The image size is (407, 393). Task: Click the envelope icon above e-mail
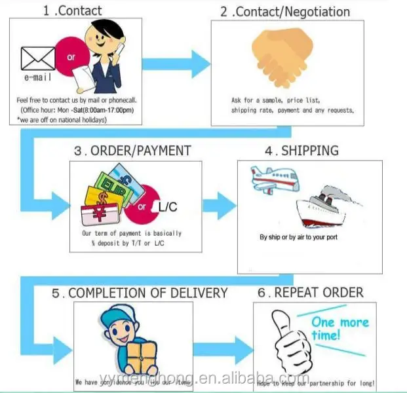tap(38, 58)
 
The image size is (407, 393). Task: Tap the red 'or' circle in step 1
tap(71, 58)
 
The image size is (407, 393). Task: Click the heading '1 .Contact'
tap(72, 10)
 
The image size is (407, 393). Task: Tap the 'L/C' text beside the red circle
tap(168, 208)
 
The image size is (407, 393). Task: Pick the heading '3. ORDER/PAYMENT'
tap(132, 151)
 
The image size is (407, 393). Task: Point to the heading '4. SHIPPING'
tap(301, 151)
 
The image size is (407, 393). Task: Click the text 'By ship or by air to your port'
tap(298, 237)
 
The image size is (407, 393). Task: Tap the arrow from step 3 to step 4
tap(220, 204)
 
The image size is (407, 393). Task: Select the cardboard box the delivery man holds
tap(142, 357)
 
